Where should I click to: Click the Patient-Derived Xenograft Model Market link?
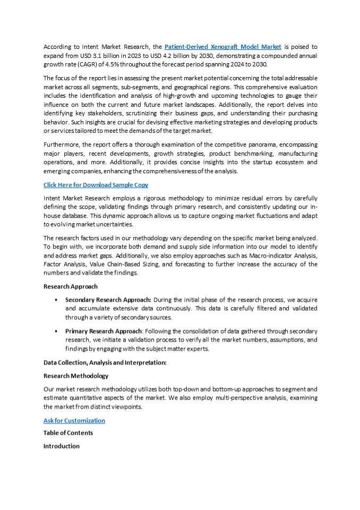(x=223, y=47)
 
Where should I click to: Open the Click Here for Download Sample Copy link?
(x=96, y=185)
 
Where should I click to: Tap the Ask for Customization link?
(x=74, y=420)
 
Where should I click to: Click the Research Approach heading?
(x=70, y=286)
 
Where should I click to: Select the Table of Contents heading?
(x=68, y=433)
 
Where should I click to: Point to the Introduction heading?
(x=61, y=446)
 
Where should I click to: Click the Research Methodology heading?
(x=75, y=376)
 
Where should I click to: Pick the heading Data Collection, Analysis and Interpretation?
(x=105, y=362)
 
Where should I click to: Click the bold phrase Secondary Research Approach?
(x=108, y=300)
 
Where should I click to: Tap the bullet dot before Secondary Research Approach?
(x=56, y=300)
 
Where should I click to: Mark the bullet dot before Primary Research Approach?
(x=56, y=331)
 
